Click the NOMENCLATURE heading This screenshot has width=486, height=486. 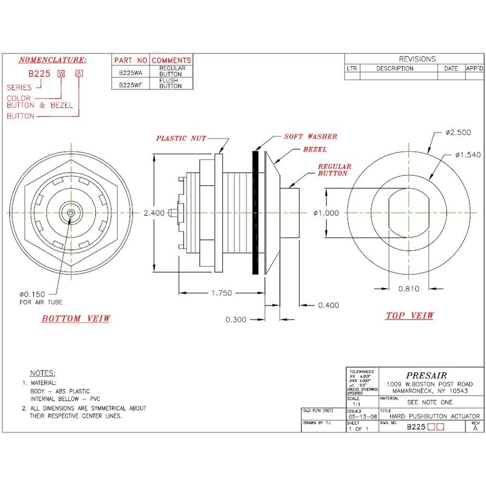[53, 60]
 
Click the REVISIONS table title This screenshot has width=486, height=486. [417, 59]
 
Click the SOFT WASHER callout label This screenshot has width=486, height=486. [310, 137]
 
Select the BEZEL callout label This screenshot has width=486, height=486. [313, 149]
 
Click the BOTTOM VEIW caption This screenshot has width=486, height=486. [76, 319]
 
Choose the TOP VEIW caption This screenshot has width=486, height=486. [410, 315]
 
